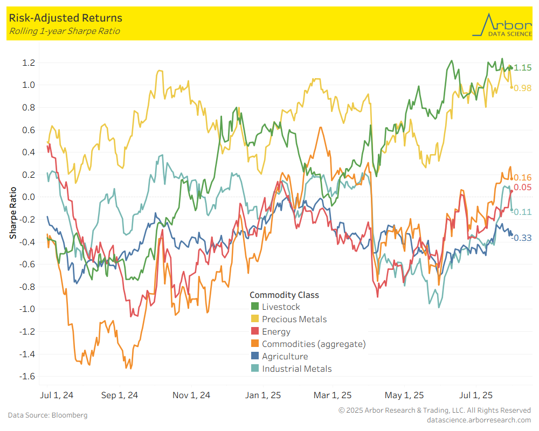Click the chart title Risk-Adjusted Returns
(x=65, y=19)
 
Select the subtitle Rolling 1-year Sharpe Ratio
(x=64, y=31)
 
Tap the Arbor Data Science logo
(x=501, y=25)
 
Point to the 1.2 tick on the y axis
(x=29, y=62)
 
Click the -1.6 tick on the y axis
(x=27, y=376)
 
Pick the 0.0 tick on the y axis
(x=29, y=197)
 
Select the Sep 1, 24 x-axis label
(x=119, y=395)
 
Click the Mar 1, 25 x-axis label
(x=332, y=395)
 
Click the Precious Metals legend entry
(x=294, y=319)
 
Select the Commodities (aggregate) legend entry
(x=313, y=344)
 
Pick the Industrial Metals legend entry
(x=296, y=369)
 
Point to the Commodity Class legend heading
(x=284, y=295)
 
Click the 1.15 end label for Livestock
(x=522, y=68)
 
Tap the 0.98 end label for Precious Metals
(x=522, y=88)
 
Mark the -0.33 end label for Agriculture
(x=521, y=238)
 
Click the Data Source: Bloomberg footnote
(x=47, y=415)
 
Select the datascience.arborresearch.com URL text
(x=479, y=420)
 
